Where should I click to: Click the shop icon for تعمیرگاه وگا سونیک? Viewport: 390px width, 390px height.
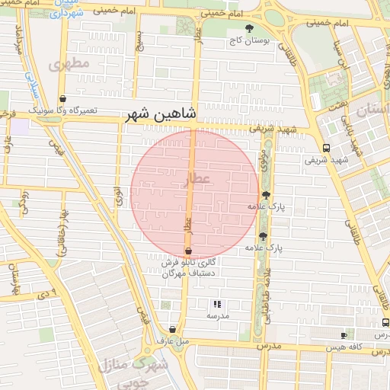[x=62, y=98]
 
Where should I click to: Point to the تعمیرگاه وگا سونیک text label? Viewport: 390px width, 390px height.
[x=63, y=110]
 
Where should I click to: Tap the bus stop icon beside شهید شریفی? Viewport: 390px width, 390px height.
[x=326, y=148]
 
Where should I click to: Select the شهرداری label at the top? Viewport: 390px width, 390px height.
[x=72, y=13]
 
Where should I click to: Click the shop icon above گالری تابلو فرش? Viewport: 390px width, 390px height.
[x=188, y=251]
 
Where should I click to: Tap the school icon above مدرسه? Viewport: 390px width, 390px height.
[x=218, y=304]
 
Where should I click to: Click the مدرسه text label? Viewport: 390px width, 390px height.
[x=218, y=315]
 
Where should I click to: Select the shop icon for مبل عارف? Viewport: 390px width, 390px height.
[x=173, y=330]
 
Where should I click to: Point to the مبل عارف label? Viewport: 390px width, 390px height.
[x=173, y=341]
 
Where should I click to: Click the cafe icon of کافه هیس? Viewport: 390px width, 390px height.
[x=344, y=335]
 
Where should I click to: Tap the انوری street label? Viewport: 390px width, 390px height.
[x=119, y=194]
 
